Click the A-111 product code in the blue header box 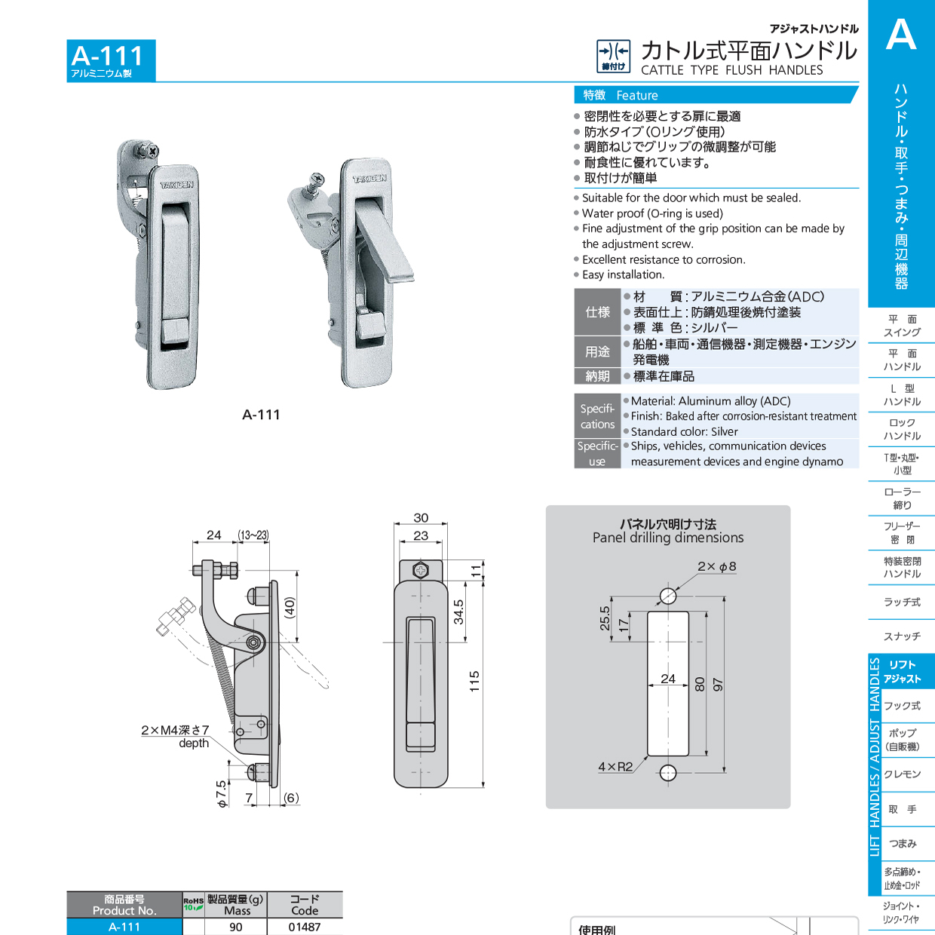107,56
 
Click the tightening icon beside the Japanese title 613,56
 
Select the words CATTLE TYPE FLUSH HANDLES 731,70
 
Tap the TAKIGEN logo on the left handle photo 176,184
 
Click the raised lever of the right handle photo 385,241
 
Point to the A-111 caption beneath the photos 261,415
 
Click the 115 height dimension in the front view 474,681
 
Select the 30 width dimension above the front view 421,518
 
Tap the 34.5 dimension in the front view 458,612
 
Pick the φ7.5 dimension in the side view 222,794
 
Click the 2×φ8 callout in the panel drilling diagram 716,566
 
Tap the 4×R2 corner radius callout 615,767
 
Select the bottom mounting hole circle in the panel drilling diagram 668,773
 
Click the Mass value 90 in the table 236,927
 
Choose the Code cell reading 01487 305,927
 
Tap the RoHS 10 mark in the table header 193,903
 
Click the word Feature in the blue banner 636,96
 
